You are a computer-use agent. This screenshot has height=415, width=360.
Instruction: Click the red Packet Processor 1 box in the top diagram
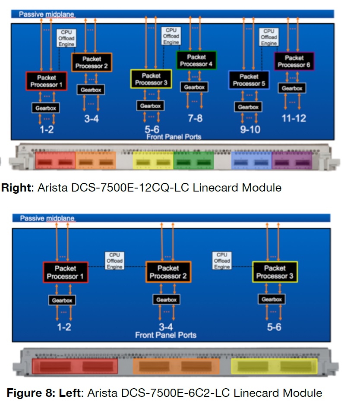(x=47, y=81)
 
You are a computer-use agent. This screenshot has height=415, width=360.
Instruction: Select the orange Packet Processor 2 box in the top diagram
(x=92, y=63)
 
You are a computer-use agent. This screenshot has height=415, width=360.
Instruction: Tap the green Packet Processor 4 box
(x=196, y=60)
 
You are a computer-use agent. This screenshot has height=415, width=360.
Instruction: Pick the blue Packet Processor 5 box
(x=249, y=80)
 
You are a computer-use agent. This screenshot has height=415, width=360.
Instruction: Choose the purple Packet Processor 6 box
(x=294, y=61)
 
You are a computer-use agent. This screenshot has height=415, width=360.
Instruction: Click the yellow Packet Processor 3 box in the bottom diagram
(x=275, y=272)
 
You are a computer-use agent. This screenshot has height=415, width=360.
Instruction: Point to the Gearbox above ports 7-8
(x=194, y=87)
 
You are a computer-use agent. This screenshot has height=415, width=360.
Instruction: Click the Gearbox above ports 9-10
(x=248, y=107)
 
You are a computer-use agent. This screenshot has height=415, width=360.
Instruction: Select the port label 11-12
(x=294, y=118)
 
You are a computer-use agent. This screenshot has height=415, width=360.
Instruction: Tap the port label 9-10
(x=249, y=129)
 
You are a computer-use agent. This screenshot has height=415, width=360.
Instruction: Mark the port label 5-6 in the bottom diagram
(x=274, y=327)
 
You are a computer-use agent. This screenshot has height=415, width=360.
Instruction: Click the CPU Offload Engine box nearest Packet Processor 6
(x=269, y=37)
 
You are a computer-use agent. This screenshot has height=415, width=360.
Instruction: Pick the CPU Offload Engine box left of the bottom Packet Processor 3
(x=222, y=261)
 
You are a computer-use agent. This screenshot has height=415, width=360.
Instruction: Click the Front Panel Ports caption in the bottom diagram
(x=165, y=335)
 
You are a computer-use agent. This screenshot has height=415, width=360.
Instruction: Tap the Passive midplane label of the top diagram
(x=47, y=14)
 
